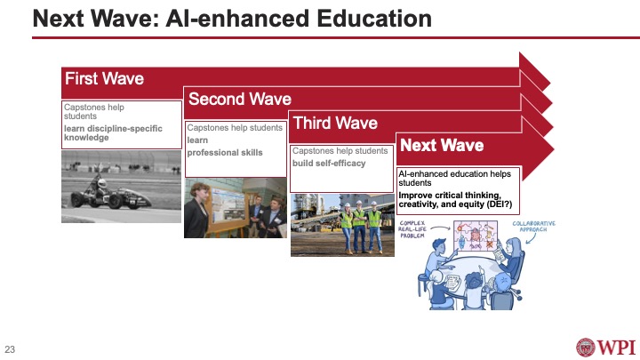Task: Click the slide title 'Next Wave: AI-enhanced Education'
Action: coord(231,19)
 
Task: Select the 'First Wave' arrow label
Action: coord(104,79)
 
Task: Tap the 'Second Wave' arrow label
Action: coord(240,99)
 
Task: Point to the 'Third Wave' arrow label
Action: coord(335,123)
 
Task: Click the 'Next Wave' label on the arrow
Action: coord(441,145)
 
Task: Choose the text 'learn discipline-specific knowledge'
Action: coord(113,133)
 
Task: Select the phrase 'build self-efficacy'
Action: coord(329,163)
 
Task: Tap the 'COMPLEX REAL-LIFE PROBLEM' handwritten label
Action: coord(420,229)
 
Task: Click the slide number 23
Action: coord(11,348)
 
